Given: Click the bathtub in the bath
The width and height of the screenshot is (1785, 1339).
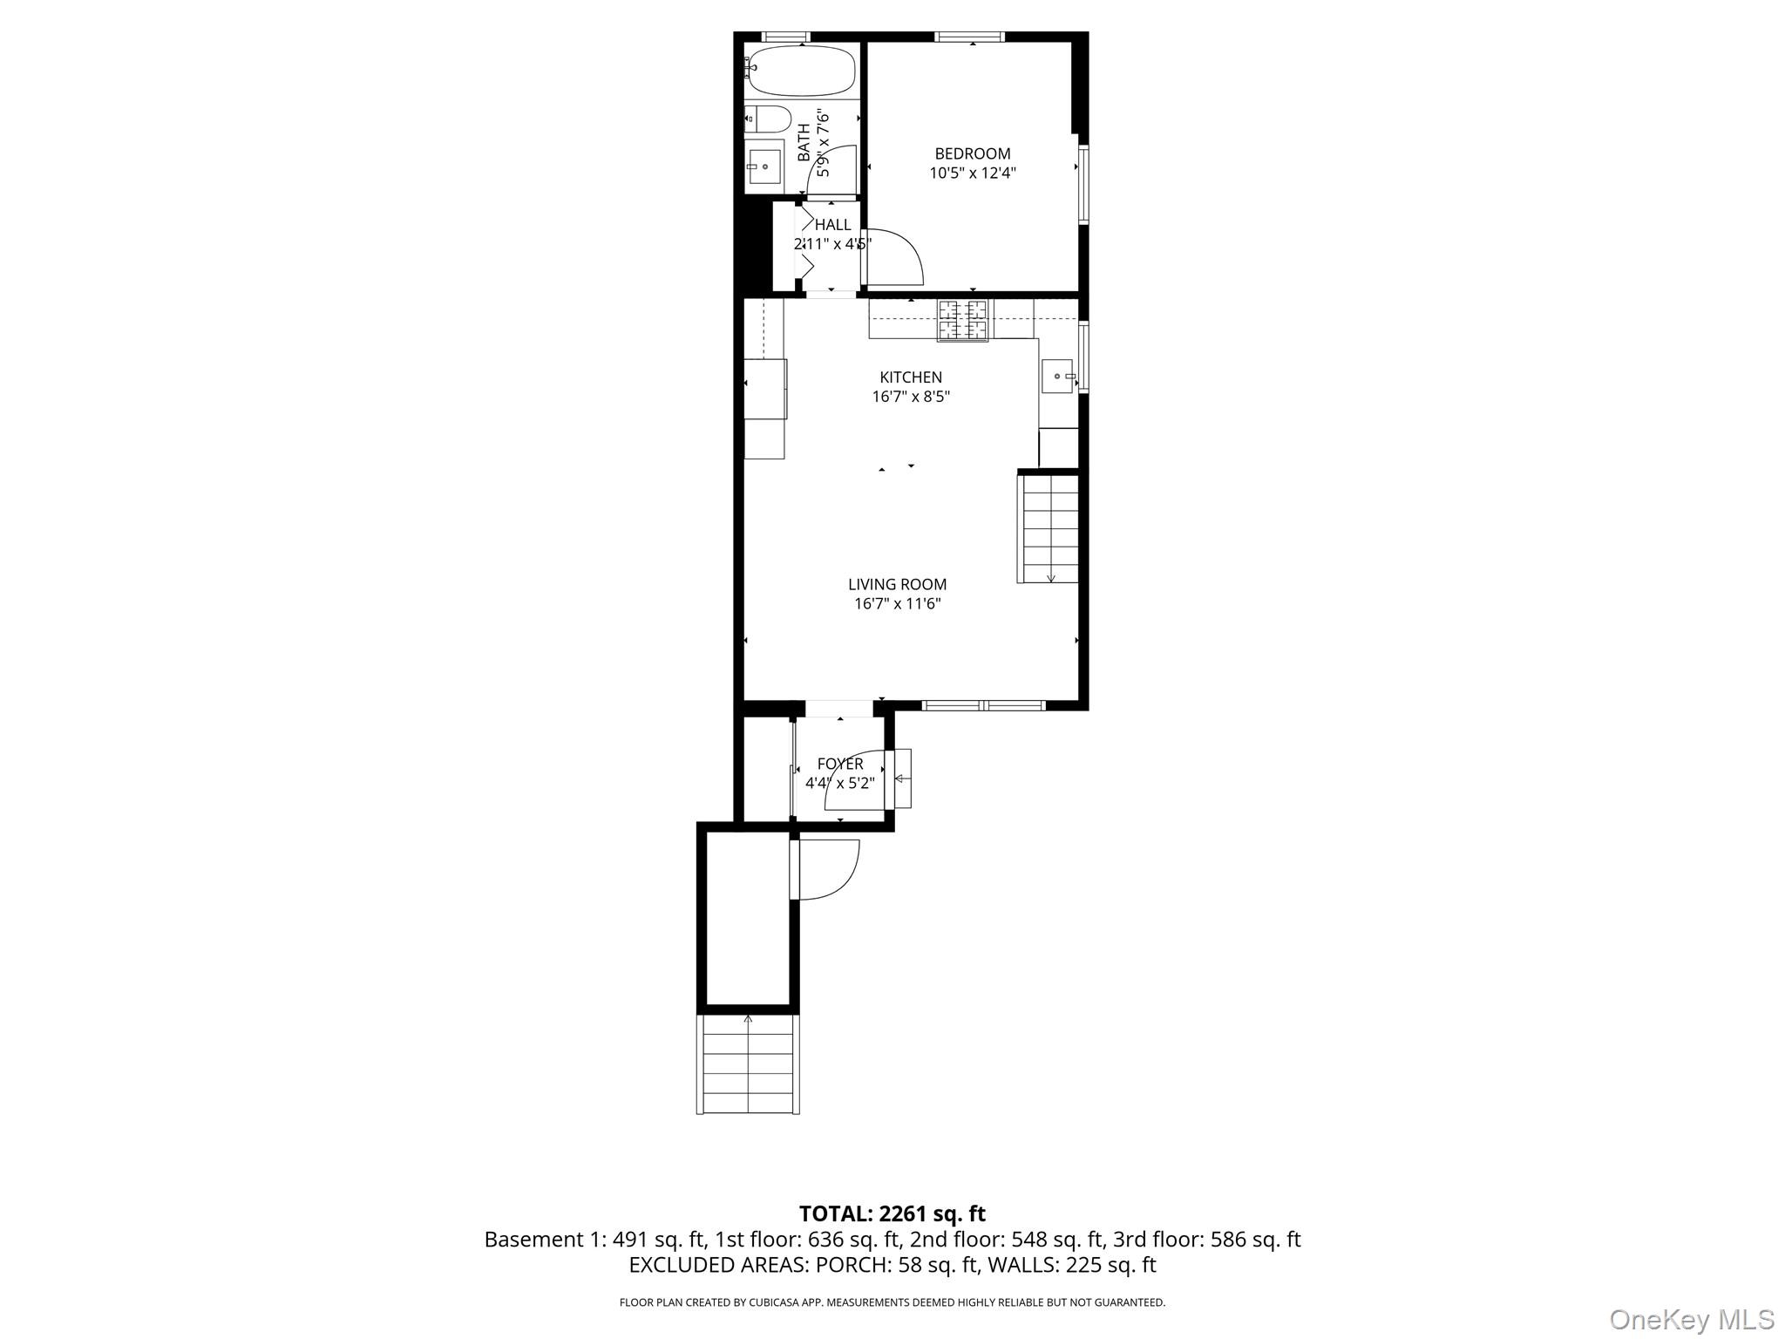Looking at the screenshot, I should [x=801, y=71].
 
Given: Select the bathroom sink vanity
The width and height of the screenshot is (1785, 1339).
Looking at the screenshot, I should [x=764, y=167].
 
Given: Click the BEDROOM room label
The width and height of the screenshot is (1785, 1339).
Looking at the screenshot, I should [x=973, y=154].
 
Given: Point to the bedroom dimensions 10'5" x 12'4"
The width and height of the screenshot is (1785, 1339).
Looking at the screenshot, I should [x=973, y=173].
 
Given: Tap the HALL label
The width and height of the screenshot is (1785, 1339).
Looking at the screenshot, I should [x=832, y=225].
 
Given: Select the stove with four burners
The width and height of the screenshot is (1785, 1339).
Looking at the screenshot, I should [x=963, y=320].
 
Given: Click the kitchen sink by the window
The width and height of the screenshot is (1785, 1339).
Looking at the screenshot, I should [x=1058, y=377].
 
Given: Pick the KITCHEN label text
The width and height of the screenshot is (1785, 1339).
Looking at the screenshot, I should [x=911, y=377].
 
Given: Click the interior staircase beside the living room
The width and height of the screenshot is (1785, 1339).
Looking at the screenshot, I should [x=1049, y=528].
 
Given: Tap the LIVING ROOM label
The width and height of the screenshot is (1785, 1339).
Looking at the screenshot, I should [x=897, y=585].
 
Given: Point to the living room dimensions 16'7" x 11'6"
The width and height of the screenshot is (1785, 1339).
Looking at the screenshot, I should [x=897, y=604].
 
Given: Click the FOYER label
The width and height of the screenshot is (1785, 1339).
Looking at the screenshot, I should [x=840, y=765].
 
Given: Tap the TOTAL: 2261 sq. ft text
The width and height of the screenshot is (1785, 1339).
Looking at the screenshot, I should [x=892, y=1213].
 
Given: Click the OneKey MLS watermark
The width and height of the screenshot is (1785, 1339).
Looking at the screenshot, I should [x=1691, y=1319].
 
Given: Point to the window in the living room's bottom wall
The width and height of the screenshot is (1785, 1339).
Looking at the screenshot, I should [x=983, y=705].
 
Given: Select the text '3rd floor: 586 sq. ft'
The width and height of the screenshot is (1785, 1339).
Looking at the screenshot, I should [x=1206, y=1240].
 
